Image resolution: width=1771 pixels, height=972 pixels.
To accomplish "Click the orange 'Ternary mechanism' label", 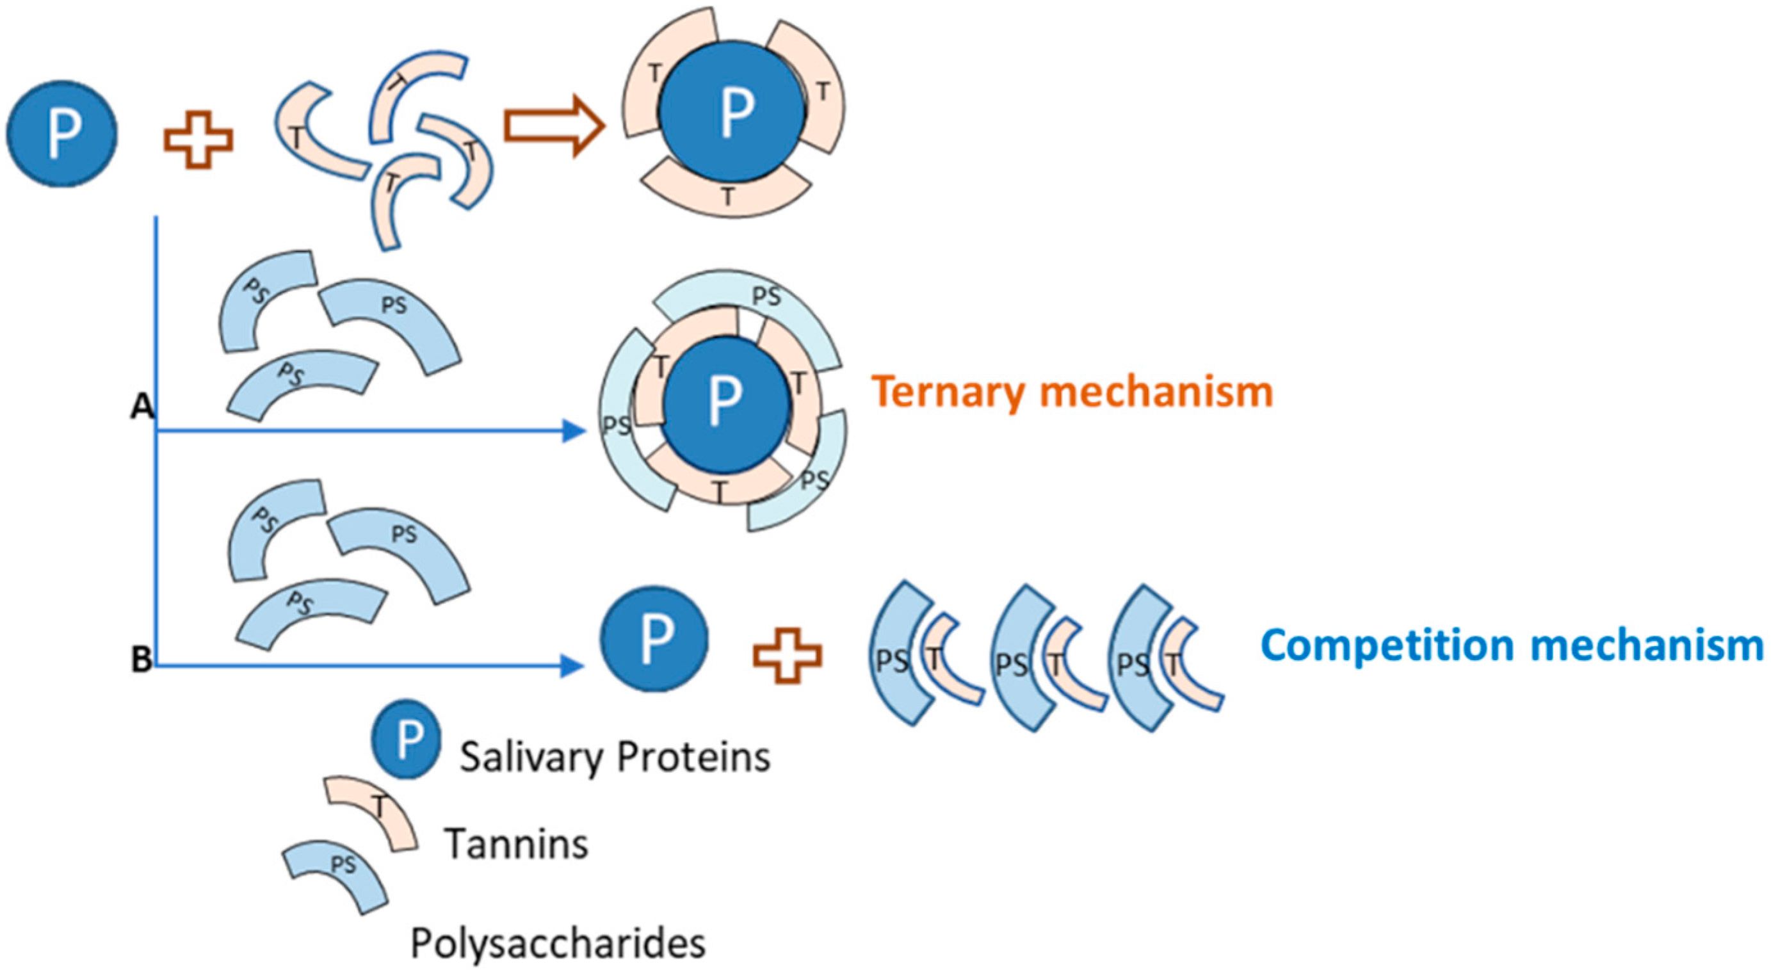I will [x=1072, y=393].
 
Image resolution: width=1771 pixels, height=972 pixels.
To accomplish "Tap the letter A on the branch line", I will [x=142, y=408].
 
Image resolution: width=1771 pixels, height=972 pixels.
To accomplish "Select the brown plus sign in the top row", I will [x=198, y=140].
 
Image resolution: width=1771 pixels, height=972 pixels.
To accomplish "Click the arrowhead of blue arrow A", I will [x=574, y=431].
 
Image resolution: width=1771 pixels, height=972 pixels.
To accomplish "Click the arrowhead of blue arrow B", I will [x=572, y=665].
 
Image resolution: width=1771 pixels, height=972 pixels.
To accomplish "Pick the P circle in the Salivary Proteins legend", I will [x=407, y=739].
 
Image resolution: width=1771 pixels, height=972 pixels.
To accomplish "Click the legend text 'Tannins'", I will [x=515, y=843].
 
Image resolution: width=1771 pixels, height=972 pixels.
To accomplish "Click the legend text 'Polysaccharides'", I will [x=558, y=943].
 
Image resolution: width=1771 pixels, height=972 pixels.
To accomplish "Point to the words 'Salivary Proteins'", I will [x=615, y=757].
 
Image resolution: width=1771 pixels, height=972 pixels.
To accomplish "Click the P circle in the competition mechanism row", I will [x=654, y=638].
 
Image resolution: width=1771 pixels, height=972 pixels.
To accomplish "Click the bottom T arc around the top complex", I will [x=726, y=193].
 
